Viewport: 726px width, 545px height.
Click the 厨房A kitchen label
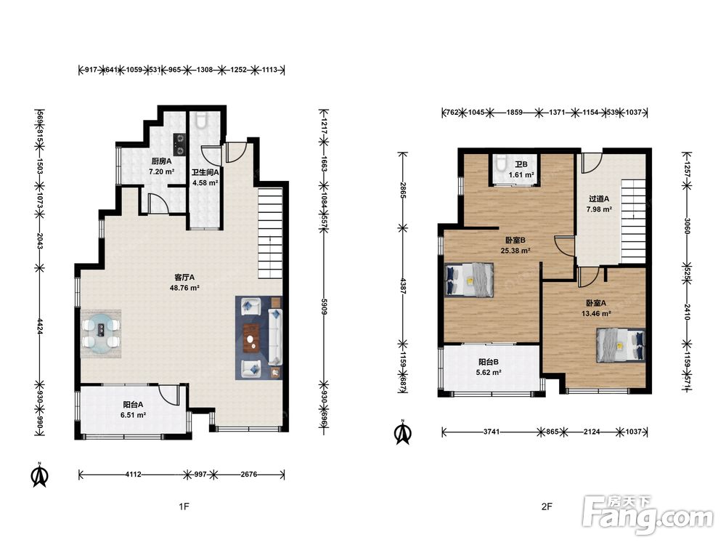[x=162, y=161]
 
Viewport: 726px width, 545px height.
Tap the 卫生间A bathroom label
[x=205, y=172]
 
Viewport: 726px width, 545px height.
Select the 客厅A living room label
[x=184, y=277]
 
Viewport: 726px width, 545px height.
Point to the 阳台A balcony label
[x=133, y=405]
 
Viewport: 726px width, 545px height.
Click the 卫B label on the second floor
[x=521, y=164]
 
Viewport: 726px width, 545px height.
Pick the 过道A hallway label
[x=599, y=199]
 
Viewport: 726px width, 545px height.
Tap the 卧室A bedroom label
[x=596, y=303]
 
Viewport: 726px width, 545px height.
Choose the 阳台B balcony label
[x=489, y=362]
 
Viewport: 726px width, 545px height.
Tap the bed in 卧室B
[x=469, y=280]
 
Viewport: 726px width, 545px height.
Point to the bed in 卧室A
[x=621, y=345]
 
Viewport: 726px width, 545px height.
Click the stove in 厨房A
[x=179, y=144]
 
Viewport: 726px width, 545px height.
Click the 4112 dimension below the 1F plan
[x=134, y=474]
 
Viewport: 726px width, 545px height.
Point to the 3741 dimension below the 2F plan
[x=492, y=432]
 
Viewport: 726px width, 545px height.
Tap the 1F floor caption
[x=184, y=506]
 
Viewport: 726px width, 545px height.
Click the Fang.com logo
[x=648, y=515]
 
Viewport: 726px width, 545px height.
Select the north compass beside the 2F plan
[x=403, y=432]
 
